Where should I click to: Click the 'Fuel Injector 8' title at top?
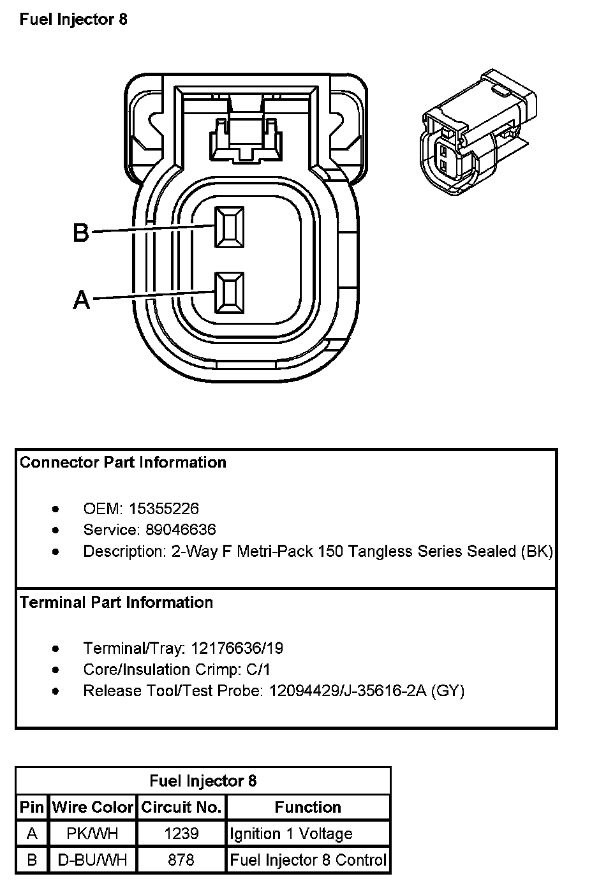(73, 19)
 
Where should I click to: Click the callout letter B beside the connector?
(81, 232)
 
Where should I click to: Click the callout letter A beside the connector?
(81, 299)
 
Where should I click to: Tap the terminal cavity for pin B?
(229, 227)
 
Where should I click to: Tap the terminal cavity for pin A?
(229, 293)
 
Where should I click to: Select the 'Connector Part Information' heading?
(123, 463)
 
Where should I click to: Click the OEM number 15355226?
(164, 508)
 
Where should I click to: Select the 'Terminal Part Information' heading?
(116, 602)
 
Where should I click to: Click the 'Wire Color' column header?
(93, 807)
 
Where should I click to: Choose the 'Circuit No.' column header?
(181, 807)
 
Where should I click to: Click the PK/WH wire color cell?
(93, 833)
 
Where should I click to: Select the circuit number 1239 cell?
(181, 833)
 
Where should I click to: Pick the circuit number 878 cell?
(181, 860)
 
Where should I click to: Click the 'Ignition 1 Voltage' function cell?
(291, 833)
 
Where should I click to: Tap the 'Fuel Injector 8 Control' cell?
(308, 860)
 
